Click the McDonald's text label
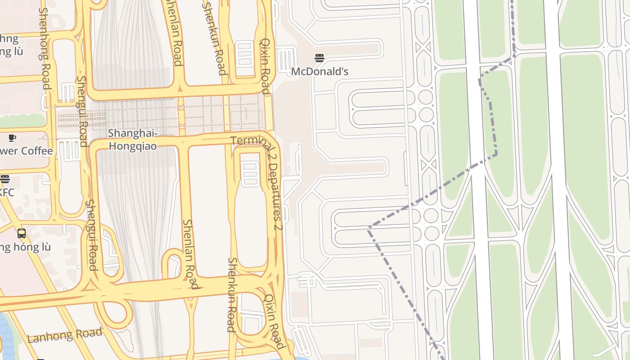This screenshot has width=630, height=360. (x=319, y=72)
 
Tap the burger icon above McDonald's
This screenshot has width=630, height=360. (x=319, y=58)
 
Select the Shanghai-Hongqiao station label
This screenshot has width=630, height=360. (x=133, y=139)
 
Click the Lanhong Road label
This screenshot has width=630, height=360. (x=65, y=335)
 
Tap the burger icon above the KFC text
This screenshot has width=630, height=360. (x=5, y=179)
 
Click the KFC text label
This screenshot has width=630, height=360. (x=6, y=193)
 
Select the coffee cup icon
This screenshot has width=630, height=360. (x=12, y=138)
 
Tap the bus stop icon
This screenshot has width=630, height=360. (x=22, y=234)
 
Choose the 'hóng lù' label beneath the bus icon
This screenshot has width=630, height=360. (x=25, y=247)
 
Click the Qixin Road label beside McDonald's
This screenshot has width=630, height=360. (x=265, y=66)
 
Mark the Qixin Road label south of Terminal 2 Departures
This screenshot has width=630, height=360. (x=274, y=321)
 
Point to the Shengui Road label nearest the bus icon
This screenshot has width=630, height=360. (x=91, y=235)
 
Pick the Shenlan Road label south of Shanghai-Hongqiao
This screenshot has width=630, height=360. (x=190, y=254)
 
